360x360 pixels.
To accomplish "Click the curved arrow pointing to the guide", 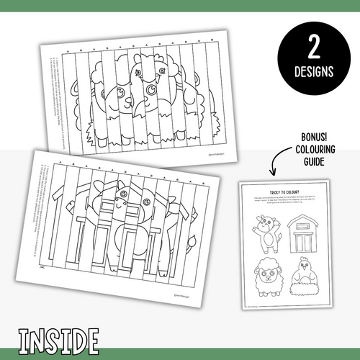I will [276, 162].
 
